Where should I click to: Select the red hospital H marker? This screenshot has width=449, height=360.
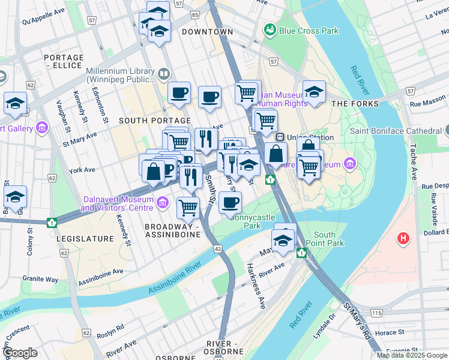click(404, 238)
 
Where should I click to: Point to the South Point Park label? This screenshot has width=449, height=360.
click(329, 239)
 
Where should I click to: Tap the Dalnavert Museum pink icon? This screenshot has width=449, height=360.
click(161, 204)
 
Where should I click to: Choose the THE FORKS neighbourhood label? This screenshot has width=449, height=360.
click(355, 104)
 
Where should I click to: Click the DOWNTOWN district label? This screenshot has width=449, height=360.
click(207, 31)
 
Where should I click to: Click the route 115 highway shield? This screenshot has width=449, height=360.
click(376, 313)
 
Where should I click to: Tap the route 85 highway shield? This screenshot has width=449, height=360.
click(195, 13)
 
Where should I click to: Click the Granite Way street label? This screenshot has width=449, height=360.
click(40, 279)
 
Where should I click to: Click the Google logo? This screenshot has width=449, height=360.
click(20, 353)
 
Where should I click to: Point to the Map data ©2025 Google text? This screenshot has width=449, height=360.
click(412, 355)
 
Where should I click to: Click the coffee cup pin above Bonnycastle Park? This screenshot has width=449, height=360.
click(230, 203)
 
